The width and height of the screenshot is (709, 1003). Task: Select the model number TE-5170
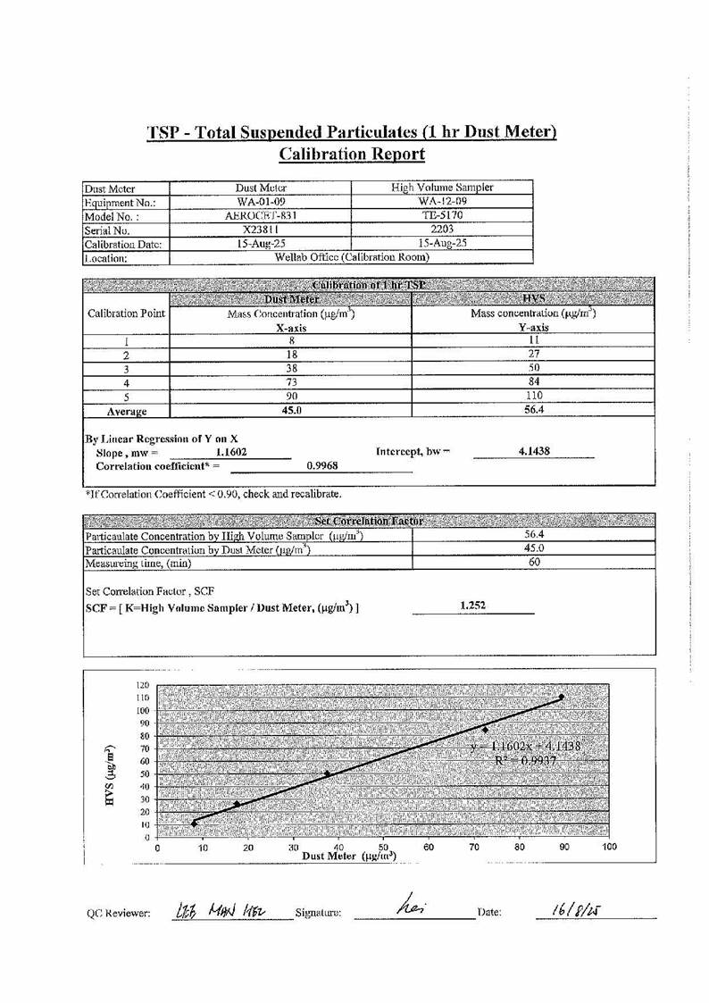443,215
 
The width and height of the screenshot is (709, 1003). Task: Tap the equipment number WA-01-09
260,202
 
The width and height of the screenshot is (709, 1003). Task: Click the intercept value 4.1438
534,452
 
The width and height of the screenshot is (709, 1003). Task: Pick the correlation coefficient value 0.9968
321,465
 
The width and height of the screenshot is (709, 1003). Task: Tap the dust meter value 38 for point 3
291,368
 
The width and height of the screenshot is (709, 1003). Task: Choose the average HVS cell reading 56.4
534,410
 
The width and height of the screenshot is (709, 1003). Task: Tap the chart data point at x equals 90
562,697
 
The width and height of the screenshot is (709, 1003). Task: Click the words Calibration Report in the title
352,154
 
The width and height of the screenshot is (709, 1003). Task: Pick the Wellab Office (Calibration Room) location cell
351,257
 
